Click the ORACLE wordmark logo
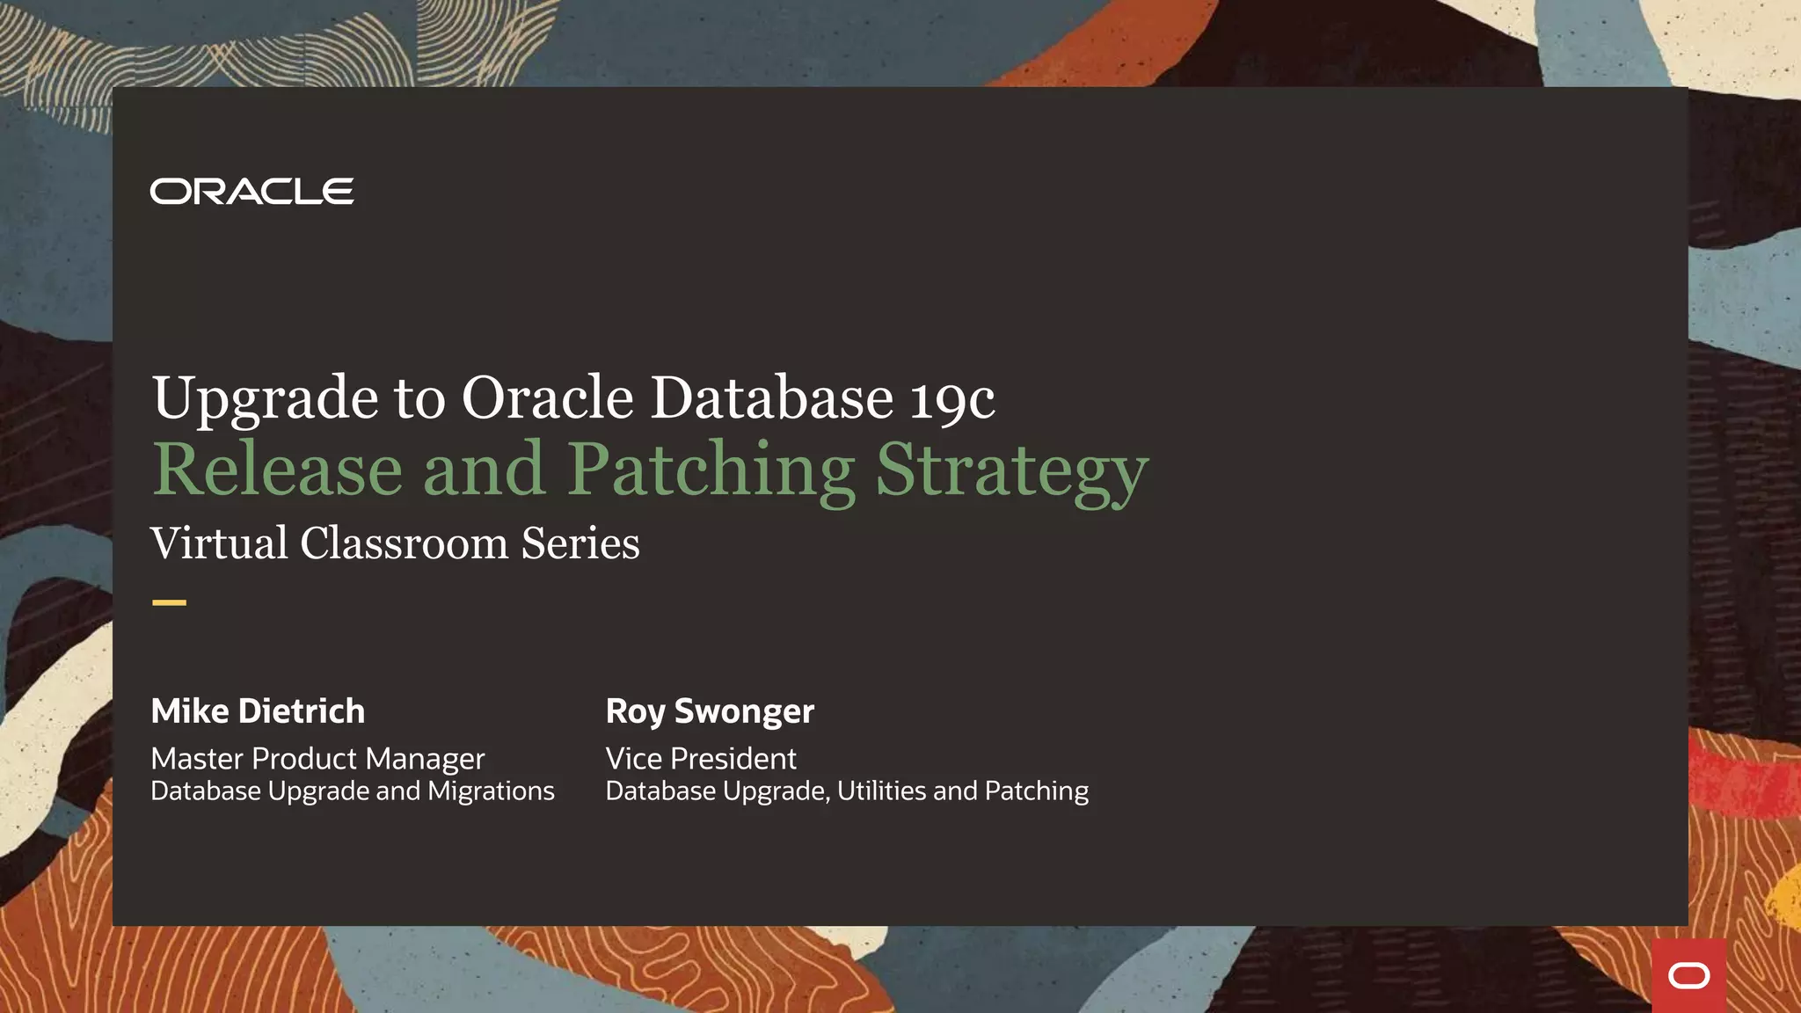(x=252, y=191)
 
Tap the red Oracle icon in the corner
(x=1688, y=975)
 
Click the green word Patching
(x=711, y=471)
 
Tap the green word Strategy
(x=1012, y=473)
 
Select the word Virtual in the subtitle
(x=219, y=543)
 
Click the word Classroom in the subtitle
(x=404, y=543)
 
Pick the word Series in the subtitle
(x=580, y=543)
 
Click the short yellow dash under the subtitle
(x=169, y=602)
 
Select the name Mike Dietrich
(x=258, y=711)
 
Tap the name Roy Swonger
(x=710, y=711)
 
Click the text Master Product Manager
(x=317, y=758)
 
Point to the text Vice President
(x=701, y=758)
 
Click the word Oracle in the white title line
(x=547, y=398)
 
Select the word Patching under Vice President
(x=1037, y=792)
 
